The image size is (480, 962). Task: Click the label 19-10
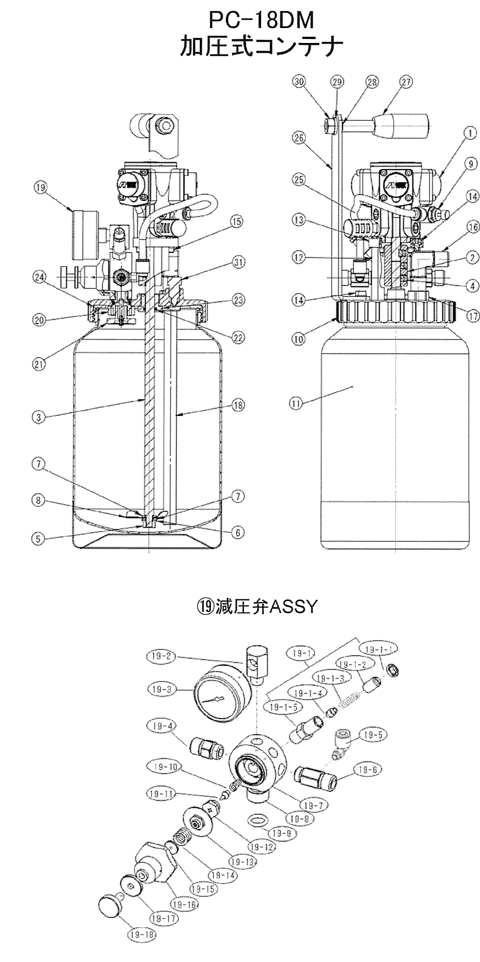[164, 766]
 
